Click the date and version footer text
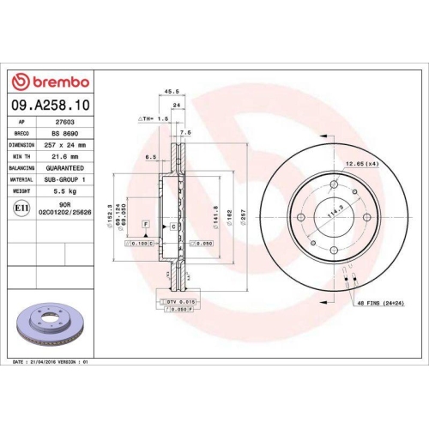51,363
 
